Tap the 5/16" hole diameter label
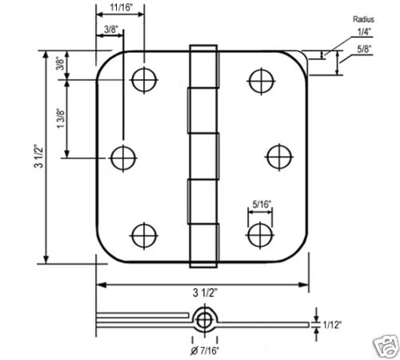260,205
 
